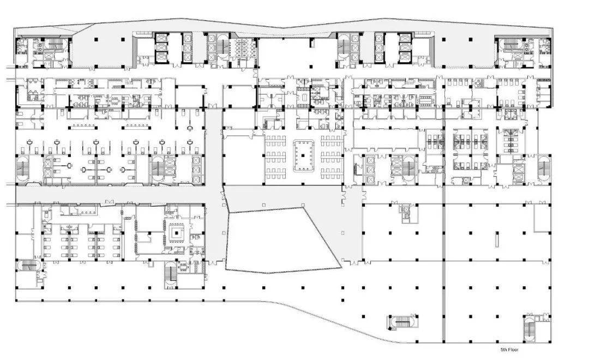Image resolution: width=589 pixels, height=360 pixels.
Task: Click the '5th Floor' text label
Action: point(509,350)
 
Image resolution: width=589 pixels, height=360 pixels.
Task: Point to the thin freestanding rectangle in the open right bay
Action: point(497,240)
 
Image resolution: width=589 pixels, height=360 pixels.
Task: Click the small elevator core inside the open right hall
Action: point(406,213)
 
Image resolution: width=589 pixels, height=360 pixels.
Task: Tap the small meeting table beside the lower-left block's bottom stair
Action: point(183,267)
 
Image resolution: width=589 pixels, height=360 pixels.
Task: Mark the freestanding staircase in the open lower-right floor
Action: point(402,322)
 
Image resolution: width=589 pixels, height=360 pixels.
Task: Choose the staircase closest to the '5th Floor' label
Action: point(529,328)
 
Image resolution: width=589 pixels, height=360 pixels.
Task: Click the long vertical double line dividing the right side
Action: point(444,225)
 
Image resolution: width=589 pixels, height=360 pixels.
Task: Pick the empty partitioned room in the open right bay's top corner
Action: point(542,218)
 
